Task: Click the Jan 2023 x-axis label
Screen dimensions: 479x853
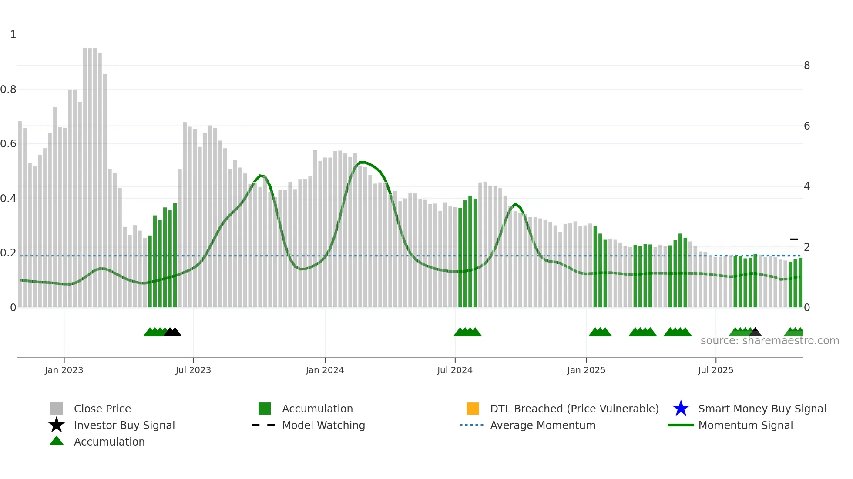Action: (64, 370)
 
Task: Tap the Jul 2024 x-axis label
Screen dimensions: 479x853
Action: (455, 370)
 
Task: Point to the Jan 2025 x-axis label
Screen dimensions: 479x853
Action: (586, 370)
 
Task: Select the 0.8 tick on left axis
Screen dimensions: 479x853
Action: (9, 90)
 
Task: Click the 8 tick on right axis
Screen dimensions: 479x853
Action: (807, 66)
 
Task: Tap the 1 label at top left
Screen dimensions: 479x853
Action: (13, 35)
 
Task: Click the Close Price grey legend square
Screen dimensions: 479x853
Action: (57, 409)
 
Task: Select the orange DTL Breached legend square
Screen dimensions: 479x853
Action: (473, 409)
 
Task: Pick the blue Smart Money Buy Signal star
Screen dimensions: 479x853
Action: (681, 409)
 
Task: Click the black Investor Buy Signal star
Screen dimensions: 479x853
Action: (57, 425)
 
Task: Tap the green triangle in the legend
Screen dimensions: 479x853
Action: (57, 441)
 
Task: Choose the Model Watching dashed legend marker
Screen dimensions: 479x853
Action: (263, 425)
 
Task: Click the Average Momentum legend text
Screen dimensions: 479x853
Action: (543, 425)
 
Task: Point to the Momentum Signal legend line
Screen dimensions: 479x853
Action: (681, 425)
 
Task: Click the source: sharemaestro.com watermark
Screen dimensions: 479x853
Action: (769, 341)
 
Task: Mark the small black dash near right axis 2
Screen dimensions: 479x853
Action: (794, 239)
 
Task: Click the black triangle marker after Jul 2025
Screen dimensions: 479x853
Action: (755, 333)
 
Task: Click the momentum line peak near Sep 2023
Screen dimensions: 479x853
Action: (260, 176)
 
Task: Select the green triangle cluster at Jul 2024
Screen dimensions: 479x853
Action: (467, 332)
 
